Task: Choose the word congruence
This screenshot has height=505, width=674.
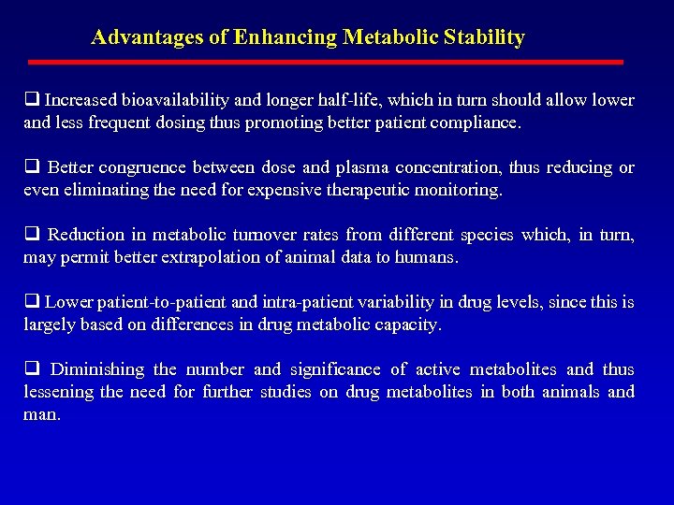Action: click(x=139, y=167)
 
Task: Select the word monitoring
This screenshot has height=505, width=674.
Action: click(x=456, y=190)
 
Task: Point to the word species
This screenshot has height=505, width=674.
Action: click(x=476, y=235)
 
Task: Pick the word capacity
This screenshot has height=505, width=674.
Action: click(x=407, y=325)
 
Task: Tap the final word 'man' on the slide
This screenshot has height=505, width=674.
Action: click(x=41, y=414)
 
